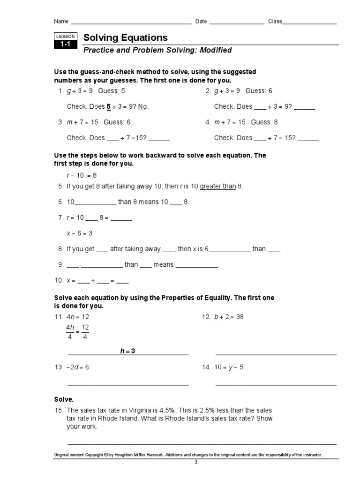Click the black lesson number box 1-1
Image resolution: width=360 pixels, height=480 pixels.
pyautogui.click(x=64, y=45)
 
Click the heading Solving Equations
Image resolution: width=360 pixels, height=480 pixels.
pyautogui.click(x=125, y=38)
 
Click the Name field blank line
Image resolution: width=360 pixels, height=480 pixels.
pyautogui.click(x=131, y=22)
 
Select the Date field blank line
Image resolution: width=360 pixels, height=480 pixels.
pyautogui.click(x=237, y=22)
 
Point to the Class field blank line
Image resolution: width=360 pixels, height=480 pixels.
pyautogui.click(x=309, y=22)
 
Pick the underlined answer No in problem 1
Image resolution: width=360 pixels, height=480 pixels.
pyautogui.click(x=143, y=107)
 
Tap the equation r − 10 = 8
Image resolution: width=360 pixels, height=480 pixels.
pyautogui.click(x=82, y=175)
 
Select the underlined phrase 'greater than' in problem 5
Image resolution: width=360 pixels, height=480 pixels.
pyautogui.click(x=218, y=187)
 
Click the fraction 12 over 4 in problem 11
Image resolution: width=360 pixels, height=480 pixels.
pyautogui.click(x=85, y=332)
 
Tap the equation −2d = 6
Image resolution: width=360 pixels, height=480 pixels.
pyautogui.click(x=77, y=367)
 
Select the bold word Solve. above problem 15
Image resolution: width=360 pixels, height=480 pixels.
pyautogui.click(x=64, y=399)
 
